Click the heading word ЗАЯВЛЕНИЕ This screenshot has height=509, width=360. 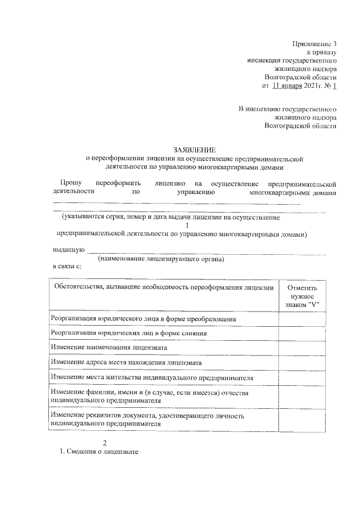[195, 149]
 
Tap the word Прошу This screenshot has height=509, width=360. [71, 183]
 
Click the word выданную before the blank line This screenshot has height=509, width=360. [69, 249]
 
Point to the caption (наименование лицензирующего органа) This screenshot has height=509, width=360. [161, 259]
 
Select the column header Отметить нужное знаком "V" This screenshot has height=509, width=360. [302, 295]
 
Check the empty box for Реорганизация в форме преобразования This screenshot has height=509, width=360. [302, 319]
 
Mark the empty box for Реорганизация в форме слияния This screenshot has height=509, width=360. [302, 333]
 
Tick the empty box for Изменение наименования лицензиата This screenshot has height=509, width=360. [302, 348]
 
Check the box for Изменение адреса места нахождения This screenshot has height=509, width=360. [302, 362]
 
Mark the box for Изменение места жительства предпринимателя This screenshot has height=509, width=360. [302, 377]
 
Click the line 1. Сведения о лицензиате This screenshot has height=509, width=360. [99, 452]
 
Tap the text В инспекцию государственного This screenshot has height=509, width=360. [287, 108]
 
